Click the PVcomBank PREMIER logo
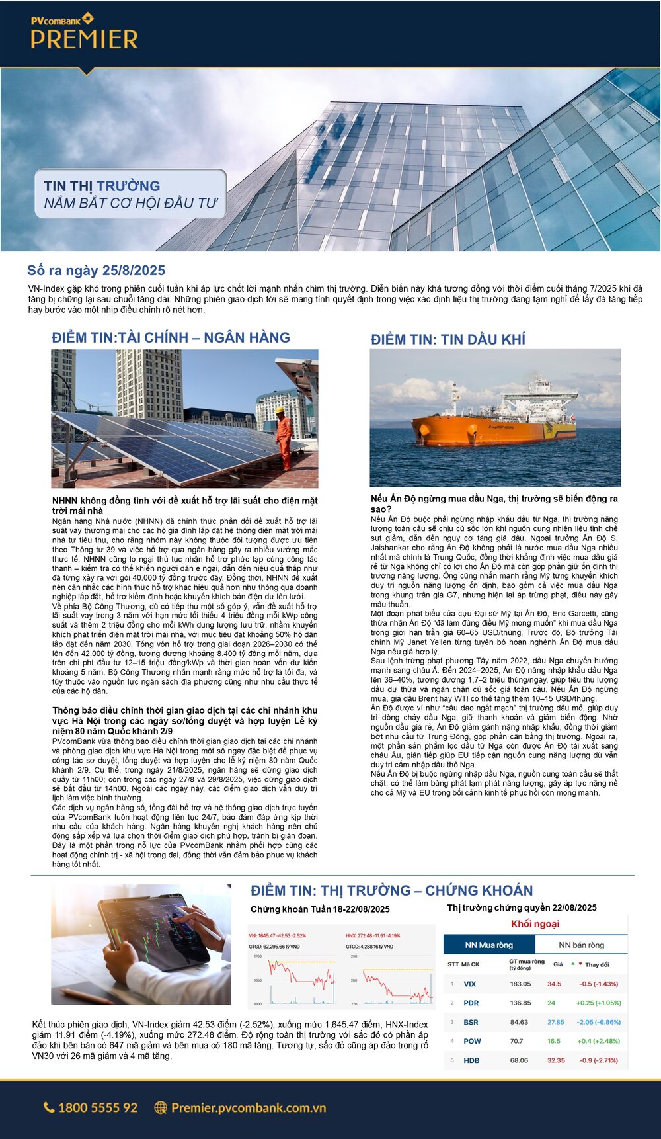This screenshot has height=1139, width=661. click(x=84, y=33)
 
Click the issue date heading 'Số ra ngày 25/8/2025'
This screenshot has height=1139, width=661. click(x=96, y=271)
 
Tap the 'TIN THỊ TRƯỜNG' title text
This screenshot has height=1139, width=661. click(x=102, y=186)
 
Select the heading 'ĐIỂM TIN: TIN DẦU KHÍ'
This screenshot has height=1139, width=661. click(x=447, y=339)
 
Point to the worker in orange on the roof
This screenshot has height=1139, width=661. click(x=284, y=437)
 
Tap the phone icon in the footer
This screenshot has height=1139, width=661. click(x=49, y=1107)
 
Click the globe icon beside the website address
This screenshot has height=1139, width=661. click(x=160, y=1107)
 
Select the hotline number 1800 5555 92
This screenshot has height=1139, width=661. click(x=98, y=1107)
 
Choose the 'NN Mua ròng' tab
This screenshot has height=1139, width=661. click(x=488, y=945)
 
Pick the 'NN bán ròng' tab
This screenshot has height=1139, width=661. click(x=581, y=945)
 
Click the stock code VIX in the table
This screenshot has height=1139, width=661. click(x=469, y=984)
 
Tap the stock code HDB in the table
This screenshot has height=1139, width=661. click(x=471, y=1060)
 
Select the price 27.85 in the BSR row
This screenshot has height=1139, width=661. click(x=555, y=1022)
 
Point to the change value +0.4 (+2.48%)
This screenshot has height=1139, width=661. click(x=598, y=1041)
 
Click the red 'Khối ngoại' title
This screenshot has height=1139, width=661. click(x=535, y=924)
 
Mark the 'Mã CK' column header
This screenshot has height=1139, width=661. click(x=470, y=964)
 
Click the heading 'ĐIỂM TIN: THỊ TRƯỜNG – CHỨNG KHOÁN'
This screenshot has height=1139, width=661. click(x=391, y=890)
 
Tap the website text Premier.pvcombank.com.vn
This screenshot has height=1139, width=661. click(x=249, y=1107)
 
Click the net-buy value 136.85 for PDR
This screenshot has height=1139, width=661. click(x=520, y=1003)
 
